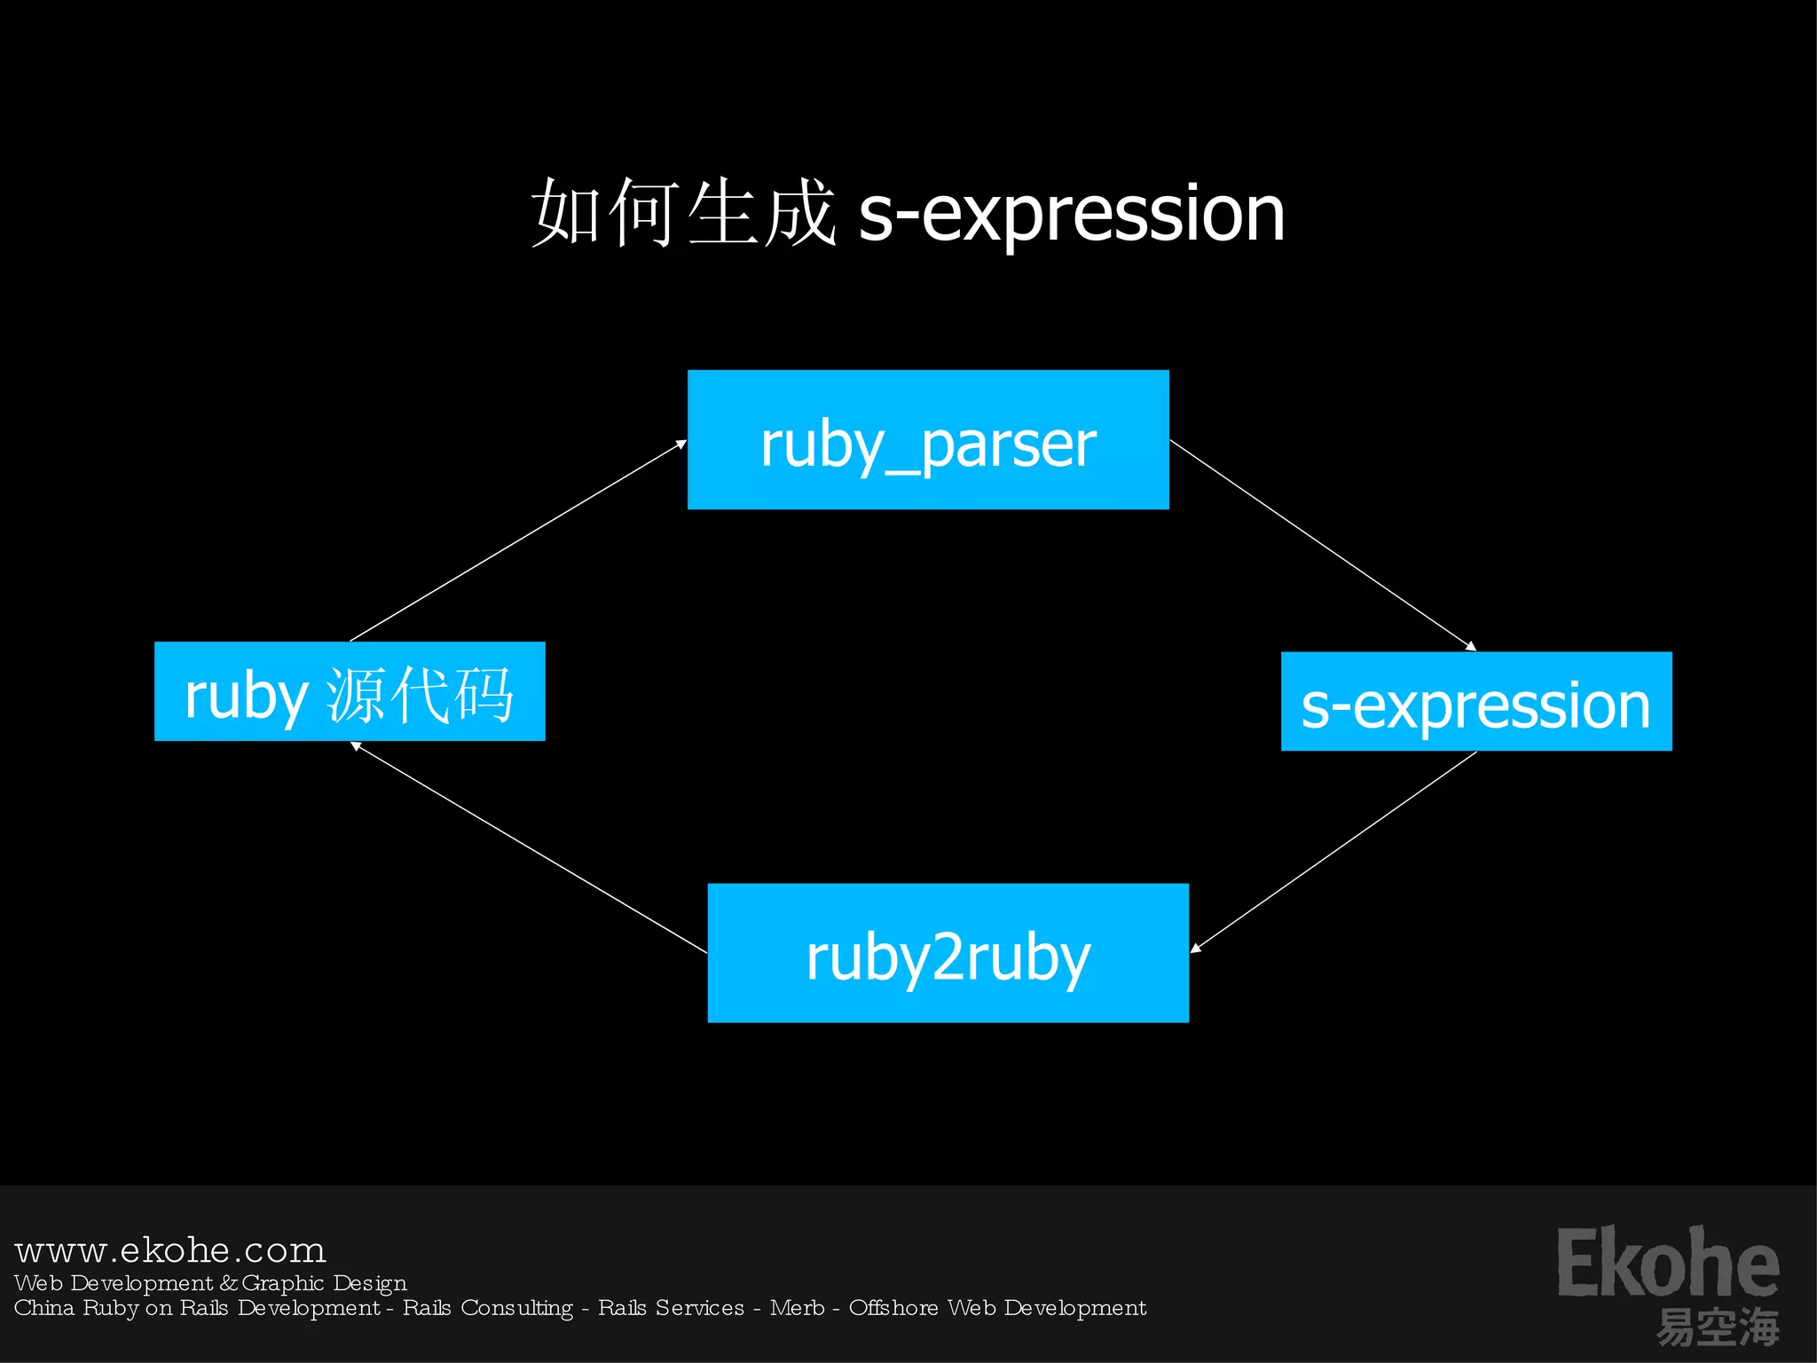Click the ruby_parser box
click(928, 440)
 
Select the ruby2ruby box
click(948, 953)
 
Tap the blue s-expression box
click(1476, 702)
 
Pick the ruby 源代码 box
click(350, 691)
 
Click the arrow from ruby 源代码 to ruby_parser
click(518, 540)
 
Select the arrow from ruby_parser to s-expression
click(1322, 545)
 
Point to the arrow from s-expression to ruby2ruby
click(1333, 853)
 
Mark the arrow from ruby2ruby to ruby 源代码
click(530, 848)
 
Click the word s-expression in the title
click(1072, 213)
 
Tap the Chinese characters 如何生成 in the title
click(683, 213)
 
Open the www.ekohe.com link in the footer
click(170, 1250)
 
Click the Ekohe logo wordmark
click(1668, 1262)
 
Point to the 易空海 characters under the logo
click(1718, 1328)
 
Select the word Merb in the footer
click(797, 1308)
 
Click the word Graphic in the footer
click(283, 1283)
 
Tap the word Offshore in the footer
click(893, 1308)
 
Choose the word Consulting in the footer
click(517, 1308)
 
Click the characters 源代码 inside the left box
click(421, 694)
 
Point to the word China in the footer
click(44, 1308)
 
